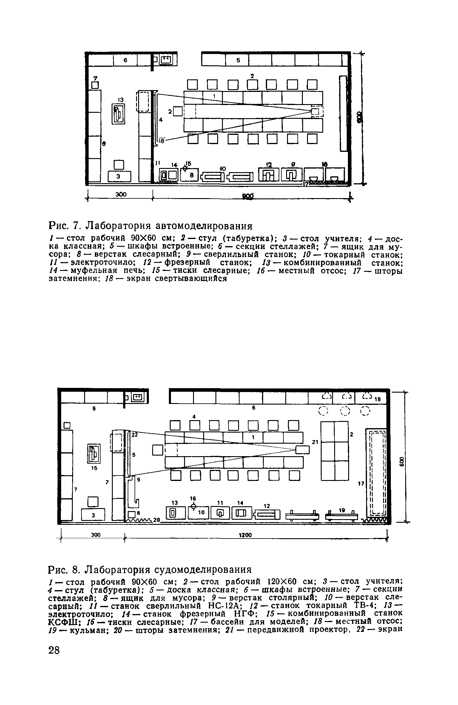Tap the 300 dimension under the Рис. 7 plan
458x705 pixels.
click(121, 195)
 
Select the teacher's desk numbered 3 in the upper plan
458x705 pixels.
click(119, 176)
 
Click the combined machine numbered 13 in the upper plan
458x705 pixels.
click(118, 113)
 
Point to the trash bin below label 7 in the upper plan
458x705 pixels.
click(95, 85)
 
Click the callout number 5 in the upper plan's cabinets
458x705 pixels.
click(238, 60)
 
